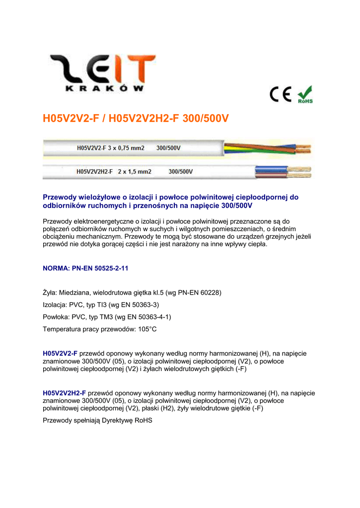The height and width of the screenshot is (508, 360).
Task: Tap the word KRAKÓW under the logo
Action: pyautogui.click(x=104, y=89)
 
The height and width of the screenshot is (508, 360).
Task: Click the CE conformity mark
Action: pyautogui.click(x=281, y=94)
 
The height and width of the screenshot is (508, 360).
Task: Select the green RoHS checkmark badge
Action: pyautogui.click(x=304, y=94)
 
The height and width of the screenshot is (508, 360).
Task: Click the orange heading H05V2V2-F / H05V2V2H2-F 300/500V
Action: pyautogui.click(x=136, y=119)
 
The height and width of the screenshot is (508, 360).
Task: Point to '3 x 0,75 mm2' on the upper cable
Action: pyautogui.click(x=127, y=148)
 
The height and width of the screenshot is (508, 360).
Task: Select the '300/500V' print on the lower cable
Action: pyautogui.click(x=181, y=172)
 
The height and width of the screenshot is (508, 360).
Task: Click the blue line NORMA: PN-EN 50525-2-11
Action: pyautogui.click(x=86, y=268)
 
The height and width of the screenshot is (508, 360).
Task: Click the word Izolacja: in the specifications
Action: pyautogui.click(x=55, y=305)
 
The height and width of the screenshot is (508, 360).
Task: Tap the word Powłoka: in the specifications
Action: pyautogui.click(x=57, y=317)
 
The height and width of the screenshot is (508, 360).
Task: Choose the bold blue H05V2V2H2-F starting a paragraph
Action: pyautogui.click(x=65, y=393)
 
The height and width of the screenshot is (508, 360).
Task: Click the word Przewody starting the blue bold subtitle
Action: pyautogui.click(x=60, y=197)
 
